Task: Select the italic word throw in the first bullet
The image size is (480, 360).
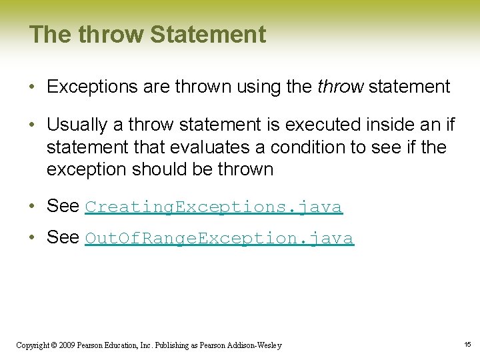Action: [341, 87]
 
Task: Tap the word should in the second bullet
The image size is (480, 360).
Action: [157, 169]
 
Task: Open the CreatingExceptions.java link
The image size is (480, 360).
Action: [213, 207]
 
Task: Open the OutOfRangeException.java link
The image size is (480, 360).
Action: [219, 238]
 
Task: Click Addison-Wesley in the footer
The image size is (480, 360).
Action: [257, 345]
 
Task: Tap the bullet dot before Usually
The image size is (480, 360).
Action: [33, 125]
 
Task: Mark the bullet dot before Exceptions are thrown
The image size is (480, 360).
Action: [33, 87]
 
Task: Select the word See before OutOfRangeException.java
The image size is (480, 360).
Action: [63, 237]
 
